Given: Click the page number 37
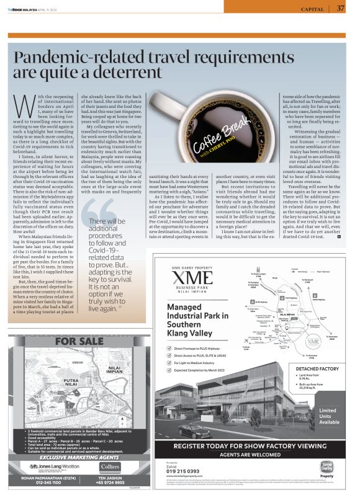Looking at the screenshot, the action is click(x=341, y=8).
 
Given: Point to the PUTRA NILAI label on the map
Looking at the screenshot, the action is click(x=66, y=385).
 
